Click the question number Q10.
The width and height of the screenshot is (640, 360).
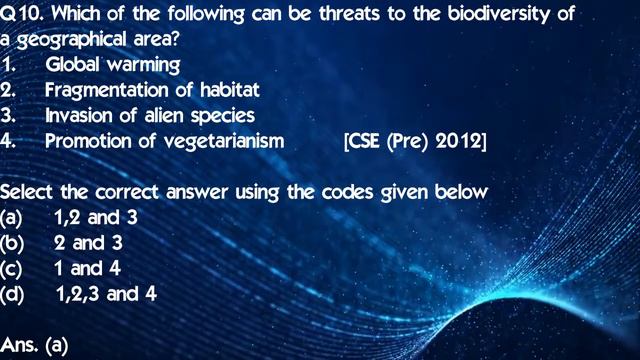21,17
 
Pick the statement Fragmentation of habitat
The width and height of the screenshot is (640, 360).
152,90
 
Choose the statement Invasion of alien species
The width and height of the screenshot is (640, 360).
149,115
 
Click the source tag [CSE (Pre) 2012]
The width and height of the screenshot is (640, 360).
414,140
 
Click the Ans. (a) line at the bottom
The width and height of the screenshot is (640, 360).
33,344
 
